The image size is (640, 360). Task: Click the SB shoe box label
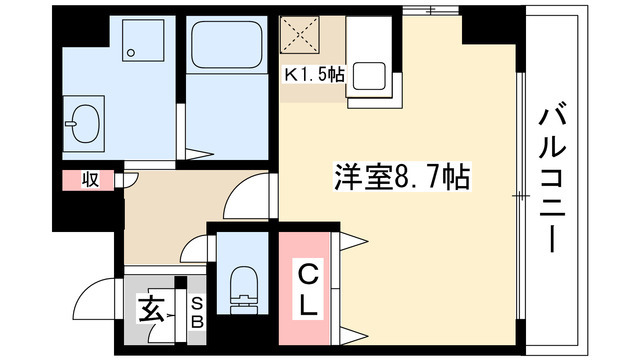(x=197, y=311)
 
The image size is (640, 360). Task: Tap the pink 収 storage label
(x=89, y=180)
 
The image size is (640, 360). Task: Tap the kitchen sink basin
(x=374, y=78)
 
